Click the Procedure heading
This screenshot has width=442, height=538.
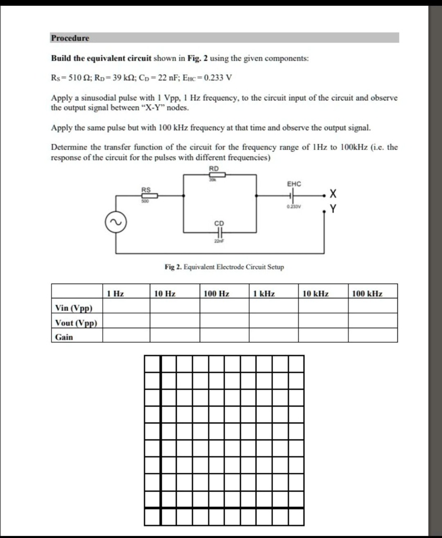[x=70, y=38]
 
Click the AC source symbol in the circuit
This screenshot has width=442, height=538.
[x=114, y=223]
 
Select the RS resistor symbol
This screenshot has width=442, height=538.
[x=145, y=195]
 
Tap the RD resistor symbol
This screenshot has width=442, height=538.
[x=217, y=175]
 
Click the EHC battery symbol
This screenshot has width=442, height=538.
[x=293, y=195]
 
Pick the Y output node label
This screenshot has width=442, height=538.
[x=332, y=209]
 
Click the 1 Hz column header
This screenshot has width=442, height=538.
[x=115, y=294]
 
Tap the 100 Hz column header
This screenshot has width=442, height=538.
[x=216, y=294]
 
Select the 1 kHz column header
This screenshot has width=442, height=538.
[x=264, y=294]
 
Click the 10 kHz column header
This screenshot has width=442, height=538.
[x=315, y=294]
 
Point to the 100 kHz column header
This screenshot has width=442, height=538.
[x=367, y=294]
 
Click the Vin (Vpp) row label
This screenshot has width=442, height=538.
[x=73, y=308]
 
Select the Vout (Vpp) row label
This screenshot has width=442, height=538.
[x=76, y=323]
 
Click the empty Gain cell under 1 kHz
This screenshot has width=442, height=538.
[x=273, y=337]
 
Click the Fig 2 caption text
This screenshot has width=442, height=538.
[x=224, y=267]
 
